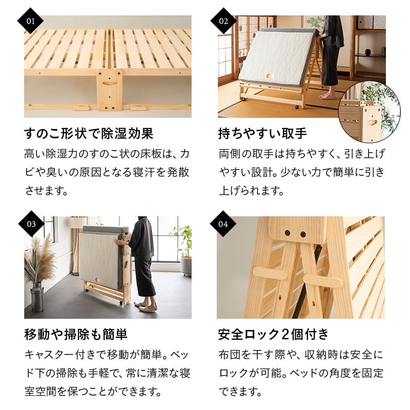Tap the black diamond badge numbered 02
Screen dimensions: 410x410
click(x=224, y=22)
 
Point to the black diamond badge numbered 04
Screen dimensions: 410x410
click(x=224, y=223)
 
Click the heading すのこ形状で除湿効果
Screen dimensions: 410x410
click(x=89, y=134)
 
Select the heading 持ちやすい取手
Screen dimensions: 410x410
click(x=262, y=134)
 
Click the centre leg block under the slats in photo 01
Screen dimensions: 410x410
click(x=109, y=89)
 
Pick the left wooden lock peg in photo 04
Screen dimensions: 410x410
click(x=270, y=274)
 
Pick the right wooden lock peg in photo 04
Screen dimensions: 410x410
click(x=322, y=280)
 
